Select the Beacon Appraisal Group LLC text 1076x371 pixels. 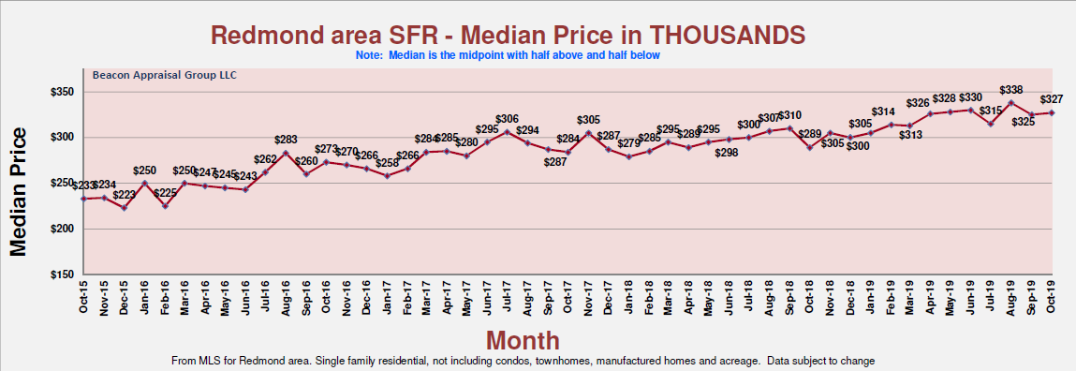pyautogui.click(x=152, y=75)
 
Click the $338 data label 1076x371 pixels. pyautogui.click(x=1011, y=90)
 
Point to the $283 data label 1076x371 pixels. pyautogui.click(x=286, y=141)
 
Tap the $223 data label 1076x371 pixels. pyautogui.click(x=124, y=195)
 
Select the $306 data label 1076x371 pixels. pyautogui.click(x=507, y=119)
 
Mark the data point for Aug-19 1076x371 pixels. pyautogui.click(x=1011, y=102)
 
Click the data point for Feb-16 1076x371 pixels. pyautogui.click(x=165, y=206)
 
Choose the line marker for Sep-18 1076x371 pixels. pyautogui.click(x=789, y=127)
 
